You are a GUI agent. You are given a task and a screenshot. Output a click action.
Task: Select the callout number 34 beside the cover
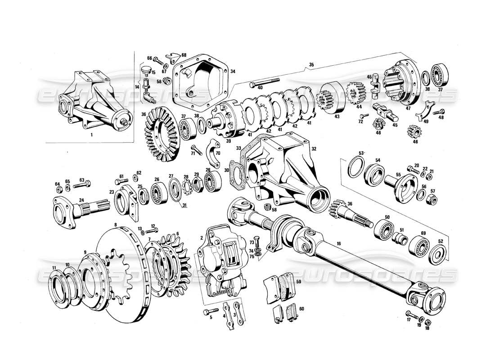[x=233, y=72]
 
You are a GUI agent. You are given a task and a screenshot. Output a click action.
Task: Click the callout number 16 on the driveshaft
[x=338, y=243]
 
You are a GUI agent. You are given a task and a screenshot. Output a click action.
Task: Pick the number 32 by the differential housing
[x=314, y=148]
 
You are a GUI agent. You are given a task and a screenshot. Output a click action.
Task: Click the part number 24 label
[x=81, y=201]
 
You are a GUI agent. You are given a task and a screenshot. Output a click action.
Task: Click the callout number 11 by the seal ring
[x=54, y=268]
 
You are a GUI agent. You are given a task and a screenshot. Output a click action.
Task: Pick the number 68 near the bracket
[x=184, y=55]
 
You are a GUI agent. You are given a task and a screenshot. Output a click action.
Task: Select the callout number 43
[x=337, y=116]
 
